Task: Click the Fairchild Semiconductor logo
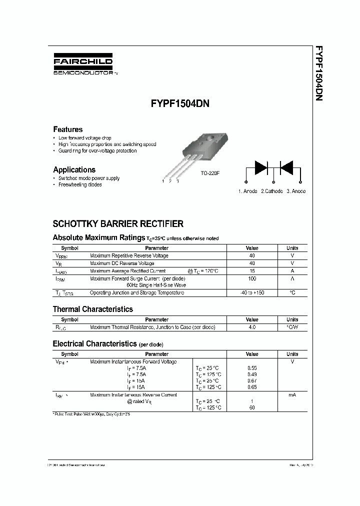pos(82,64)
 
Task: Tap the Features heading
pos(68,129)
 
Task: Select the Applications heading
pos(74,169)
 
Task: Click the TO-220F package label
pos(211,172)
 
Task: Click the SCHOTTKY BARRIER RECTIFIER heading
pos(118,224)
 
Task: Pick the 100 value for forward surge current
pos(252,278)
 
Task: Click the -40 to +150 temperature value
pos(252,292)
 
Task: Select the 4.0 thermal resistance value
pos(252,327)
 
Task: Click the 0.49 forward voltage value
pos(252,374)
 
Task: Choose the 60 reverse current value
pos(252,408)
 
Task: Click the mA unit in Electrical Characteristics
pos(292,395)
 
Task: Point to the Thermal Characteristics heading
pos(93,309)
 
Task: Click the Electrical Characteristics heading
pos(94,343)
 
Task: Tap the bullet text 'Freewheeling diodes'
pos(80,184)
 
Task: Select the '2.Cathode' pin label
pos(271,191)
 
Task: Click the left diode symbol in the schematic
pos(261,167)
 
